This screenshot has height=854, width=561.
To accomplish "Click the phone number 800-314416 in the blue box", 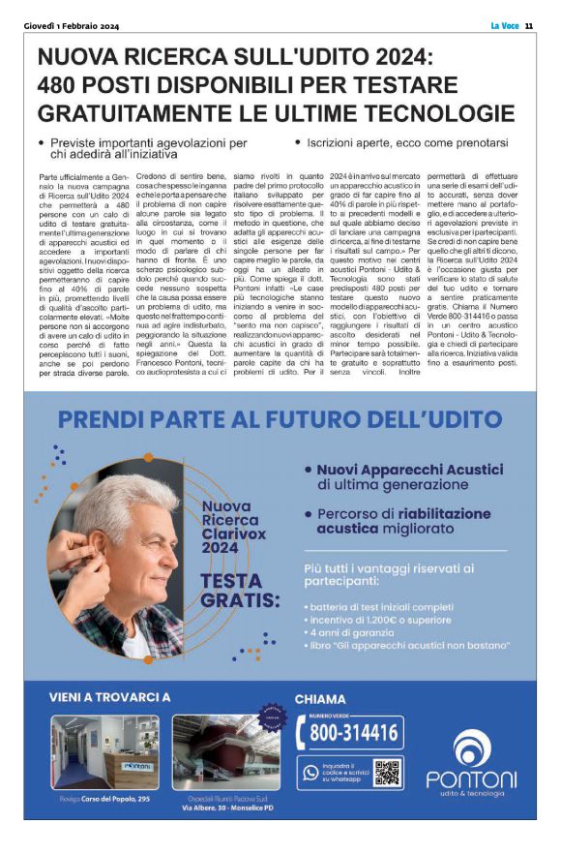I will [353, 732].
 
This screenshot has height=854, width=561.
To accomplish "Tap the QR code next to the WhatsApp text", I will [387, 773].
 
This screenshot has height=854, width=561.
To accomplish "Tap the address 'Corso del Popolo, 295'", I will [116, 798].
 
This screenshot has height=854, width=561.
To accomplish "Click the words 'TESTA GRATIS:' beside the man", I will [233, 589].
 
